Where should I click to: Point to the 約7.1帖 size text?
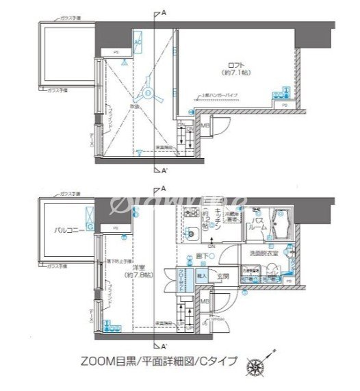pos(232,72)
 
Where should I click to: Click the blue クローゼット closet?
pos(182,281)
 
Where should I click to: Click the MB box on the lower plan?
pos(205,301)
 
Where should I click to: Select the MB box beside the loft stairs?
pos(205,126)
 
